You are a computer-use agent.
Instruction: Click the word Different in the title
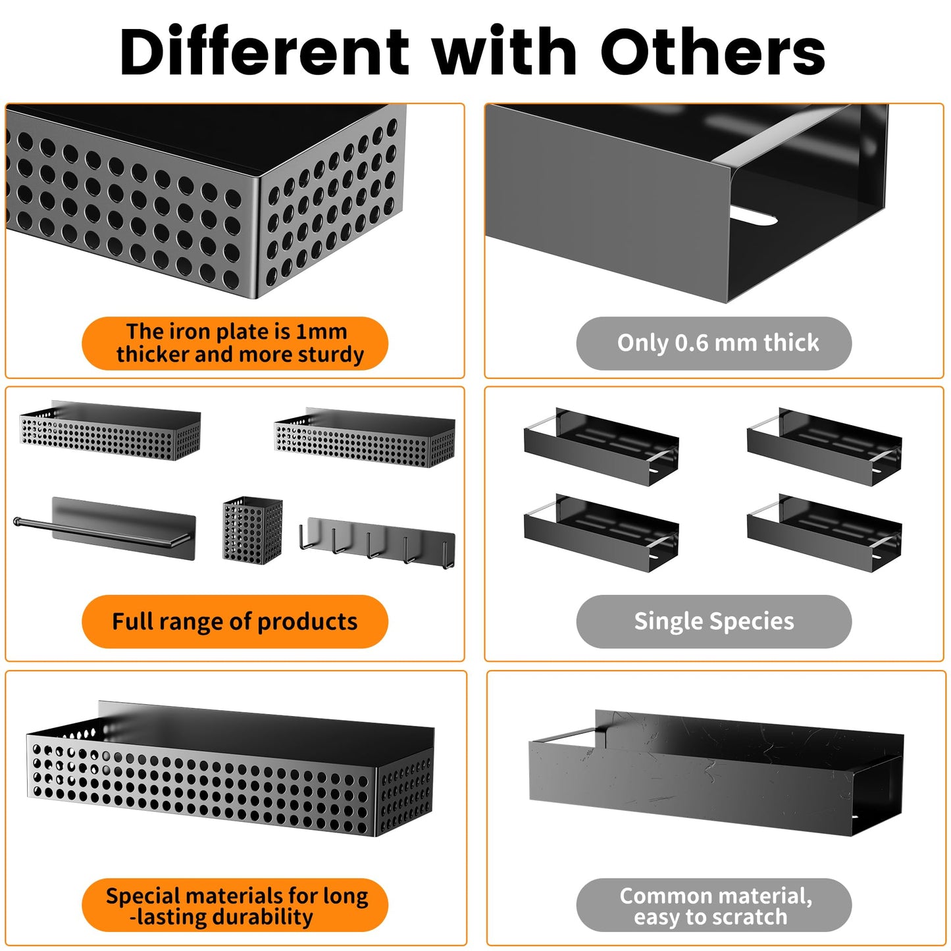coord(264,51)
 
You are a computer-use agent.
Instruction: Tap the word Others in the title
coord(713,51)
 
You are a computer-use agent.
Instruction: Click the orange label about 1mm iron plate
coord(235,343)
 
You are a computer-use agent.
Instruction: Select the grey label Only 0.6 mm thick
coord(713,343)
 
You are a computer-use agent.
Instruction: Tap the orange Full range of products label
coord(235,621)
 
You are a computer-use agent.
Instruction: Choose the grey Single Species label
coord(713,621)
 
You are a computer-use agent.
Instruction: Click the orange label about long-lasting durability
coord(235,905)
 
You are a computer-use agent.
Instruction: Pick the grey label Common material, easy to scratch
coord(713,905)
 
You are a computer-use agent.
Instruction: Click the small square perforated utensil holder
coord(252,530)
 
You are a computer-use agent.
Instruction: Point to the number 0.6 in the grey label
coord(691,342)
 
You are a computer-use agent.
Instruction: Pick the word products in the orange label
coord(307,622)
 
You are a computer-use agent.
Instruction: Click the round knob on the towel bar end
coord(17,521)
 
